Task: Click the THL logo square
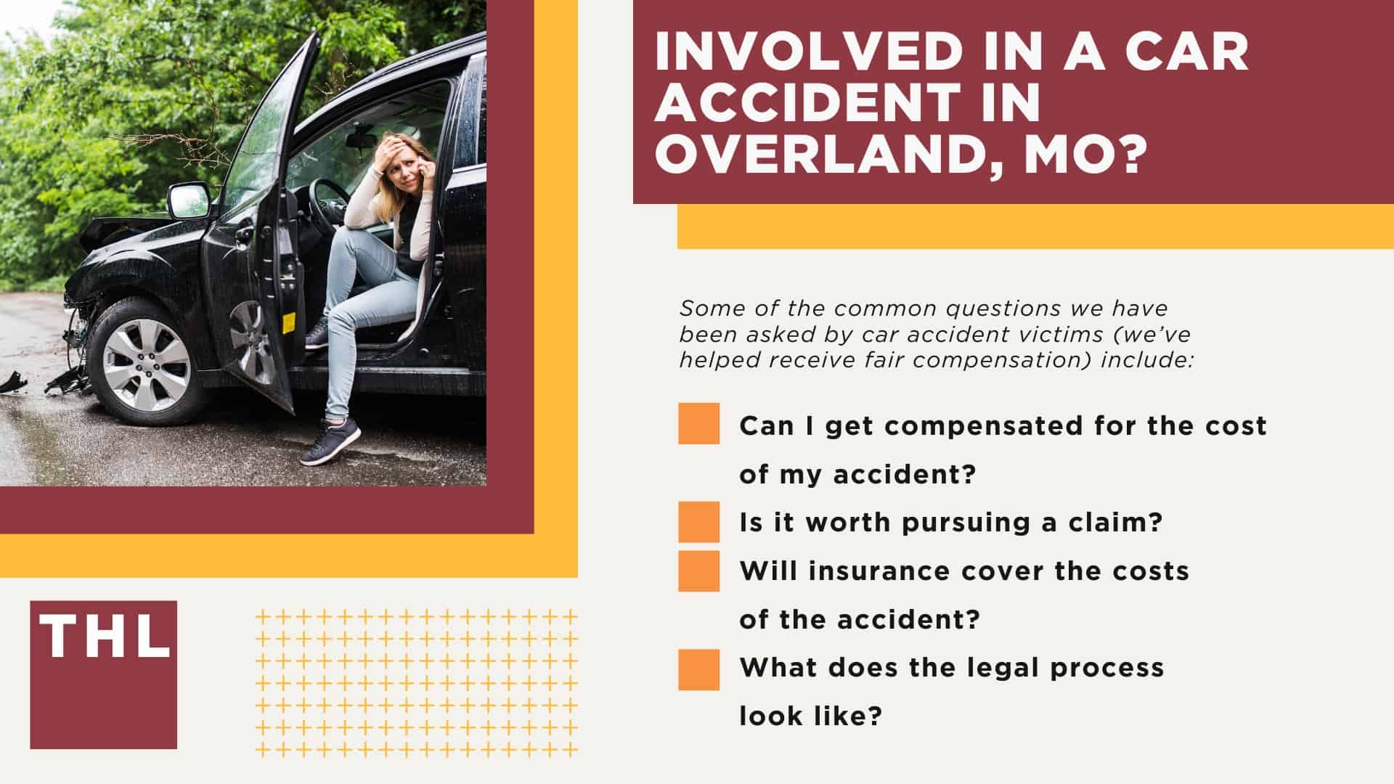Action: click(x=103, y=674)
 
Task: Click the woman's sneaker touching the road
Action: click(x=331, y=443)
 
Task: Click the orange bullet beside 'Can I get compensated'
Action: click(x=698, y=424)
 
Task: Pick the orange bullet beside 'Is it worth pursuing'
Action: click(x=698, y=522)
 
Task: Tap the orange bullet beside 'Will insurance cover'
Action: click(x=698, y=571)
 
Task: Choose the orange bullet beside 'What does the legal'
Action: click(x=698, y=669)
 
